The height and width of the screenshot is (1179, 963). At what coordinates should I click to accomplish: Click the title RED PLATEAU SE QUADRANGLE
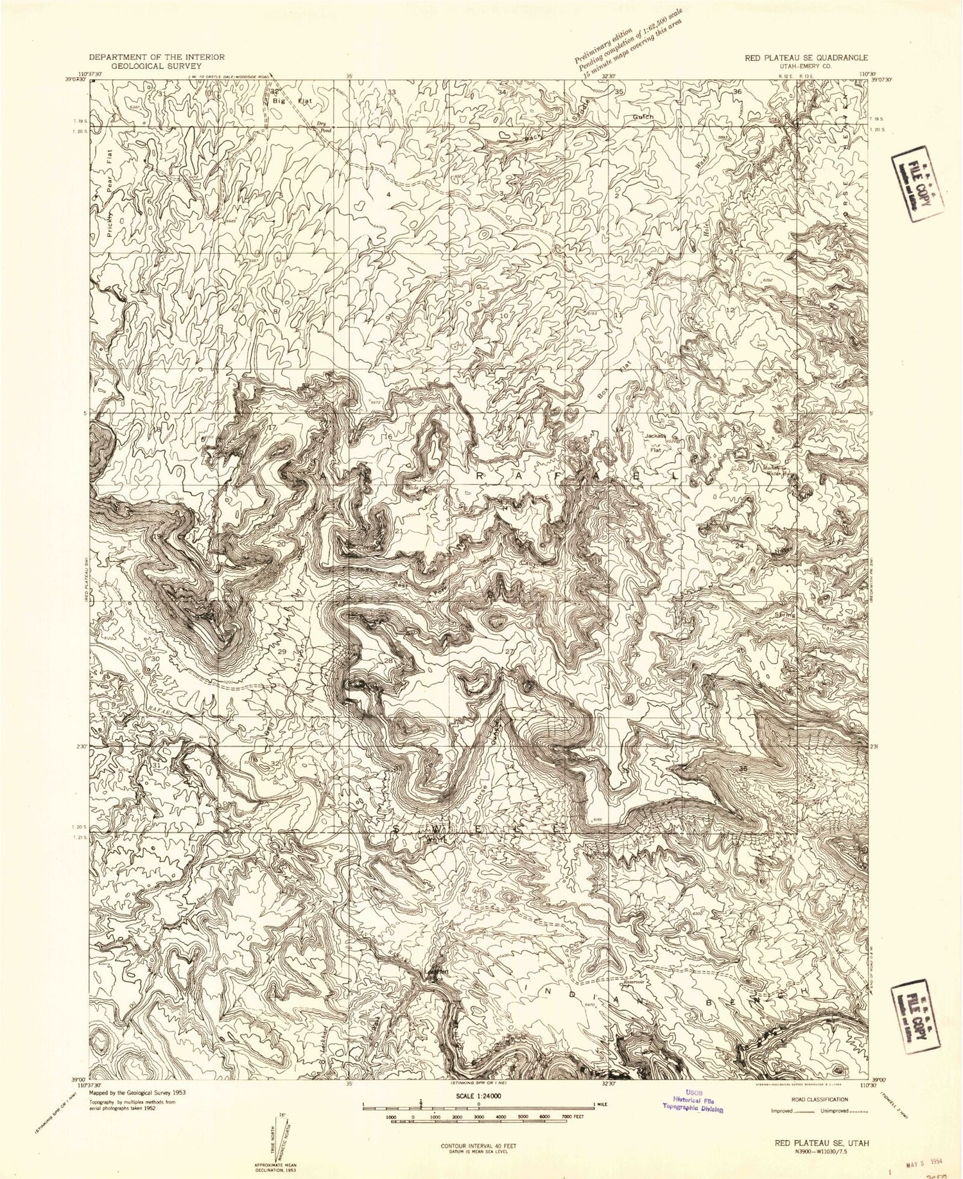pos(806,57)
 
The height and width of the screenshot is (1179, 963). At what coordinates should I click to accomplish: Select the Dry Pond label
pos(323,127)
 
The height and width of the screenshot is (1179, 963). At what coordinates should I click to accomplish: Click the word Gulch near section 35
pos(643,117)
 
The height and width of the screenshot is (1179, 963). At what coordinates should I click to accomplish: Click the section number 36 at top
pos(738,93)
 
